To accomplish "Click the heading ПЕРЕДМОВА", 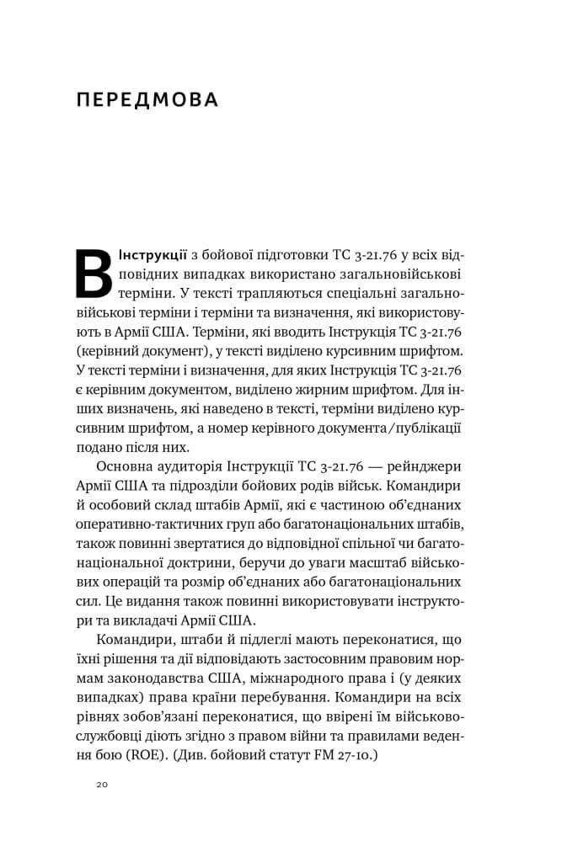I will click(147, 101).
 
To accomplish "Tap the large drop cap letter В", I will click(94, 274).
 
